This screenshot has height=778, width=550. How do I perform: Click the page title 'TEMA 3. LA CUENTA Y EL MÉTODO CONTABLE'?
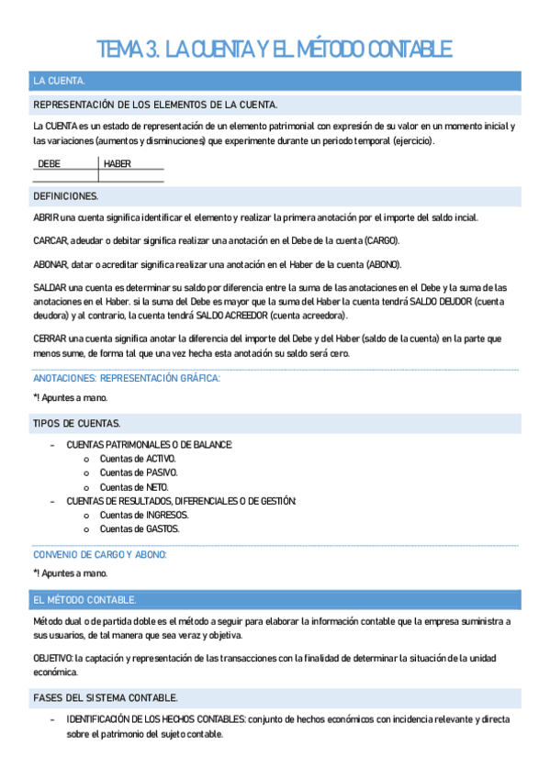tap(275, 49)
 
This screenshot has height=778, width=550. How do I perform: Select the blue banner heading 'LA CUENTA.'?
tap(60, 82)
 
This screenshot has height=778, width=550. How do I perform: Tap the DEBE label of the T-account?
tap(50, 164)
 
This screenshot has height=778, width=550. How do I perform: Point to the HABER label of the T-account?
tap(118, 164)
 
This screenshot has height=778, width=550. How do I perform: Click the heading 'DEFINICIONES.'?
tap(66, 196)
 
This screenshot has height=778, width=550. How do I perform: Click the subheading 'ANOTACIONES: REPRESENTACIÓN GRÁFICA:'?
tap(127, 378)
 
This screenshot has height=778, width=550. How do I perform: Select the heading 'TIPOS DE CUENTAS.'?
tap(75, 423)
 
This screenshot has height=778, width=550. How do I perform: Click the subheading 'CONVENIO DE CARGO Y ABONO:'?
tap(99, 555)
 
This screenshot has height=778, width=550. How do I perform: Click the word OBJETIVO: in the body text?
tap(52, 659)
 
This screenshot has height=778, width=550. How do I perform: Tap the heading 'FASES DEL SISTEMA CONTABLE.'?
tap(105, 698)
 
